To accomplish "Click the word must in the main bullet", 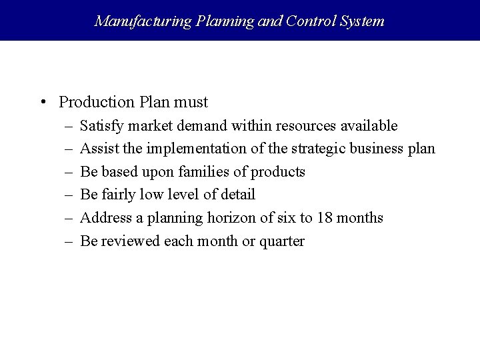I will (192, 102).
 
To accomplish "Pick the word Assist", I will (97, 149).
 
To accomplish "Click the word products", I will (278, 172).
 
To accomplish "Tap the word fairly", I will (116, 195).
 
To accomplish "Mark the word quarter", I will (282, 241).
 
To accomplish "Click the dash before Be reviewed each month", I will (69, 241).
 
